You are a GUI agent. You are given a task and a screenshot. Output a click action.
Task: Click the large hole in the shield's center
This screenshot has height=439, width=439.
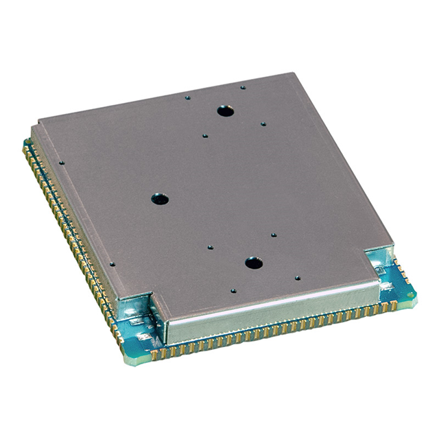click(x=159, y=200)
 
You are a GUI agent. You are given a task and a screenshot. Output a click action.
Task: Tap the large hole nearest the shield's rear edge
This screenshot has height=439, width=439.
click(x=224, y=110)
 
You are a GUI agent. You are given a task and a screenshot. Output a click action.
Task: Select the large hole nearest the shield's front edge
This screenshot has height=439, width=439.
click(x=253, y=262)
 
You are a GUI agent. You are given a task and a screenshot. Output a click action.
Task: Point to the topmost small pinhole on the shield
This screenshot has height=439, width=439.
click(x=242, y=87)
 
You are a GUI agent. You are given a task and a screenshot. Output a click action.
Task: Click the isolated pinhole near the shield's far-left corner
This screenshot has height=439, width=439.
click(x=62, y=163)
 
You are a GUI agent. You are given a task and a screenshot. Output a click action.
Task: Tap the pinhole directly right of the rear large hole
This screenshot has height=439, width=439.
click(x=263, y=124)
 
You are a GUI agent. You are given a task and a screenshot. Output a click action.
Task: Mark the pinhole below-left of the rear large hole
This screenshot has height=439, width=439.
click(x=204, y=136)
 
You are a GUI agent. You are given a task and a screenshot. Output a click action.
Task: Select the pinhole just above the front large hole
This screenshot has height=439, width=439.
click(x=273, y=235)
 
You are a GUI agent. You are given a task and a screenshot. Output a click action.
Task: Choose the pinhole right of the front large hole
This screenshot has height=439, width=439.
click(x=297, y=278)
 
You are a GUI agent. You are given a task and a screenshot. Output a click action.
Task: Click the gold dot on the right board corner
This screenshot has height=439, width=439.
click(x=412, y=295)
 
